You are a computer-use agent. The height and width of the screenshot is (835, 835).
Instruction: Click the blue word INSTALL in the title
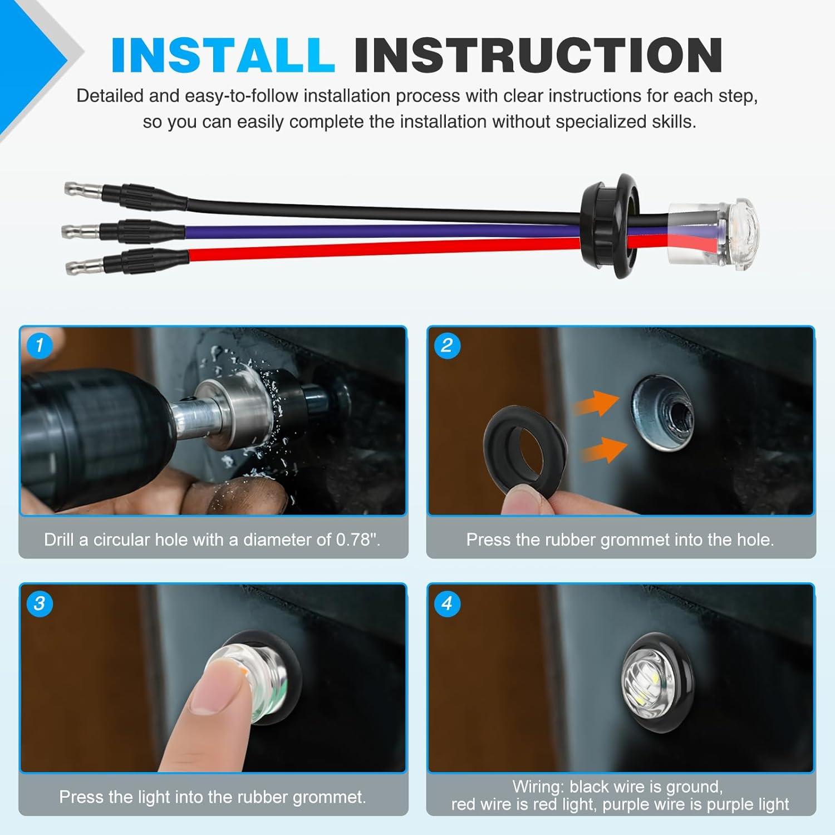[223, 55]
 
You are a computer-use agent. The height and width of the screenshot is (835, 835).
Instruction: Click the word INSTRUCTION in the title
[538, 55]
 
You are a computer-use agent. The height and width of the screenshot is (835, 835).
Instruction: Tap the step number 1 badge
[39, 345]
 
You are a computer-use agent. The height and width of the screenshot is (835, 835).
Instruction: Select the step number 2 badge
[446, 345]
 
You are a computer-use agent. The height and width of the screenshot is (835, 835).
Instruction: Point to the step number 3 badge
[39, 603]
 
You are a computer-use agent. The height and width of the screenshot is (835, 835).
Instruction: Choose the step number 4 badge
[446, 603]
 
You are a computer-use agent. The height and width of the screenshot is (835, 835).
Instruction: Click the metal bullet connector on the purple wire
[81, 229]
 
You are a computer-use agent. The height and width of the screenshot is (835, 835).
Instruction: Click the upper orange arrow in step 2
[597, 404]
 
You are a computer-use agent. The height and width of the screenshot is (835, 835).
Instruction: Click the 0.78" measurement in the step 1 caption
[356, 539]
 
